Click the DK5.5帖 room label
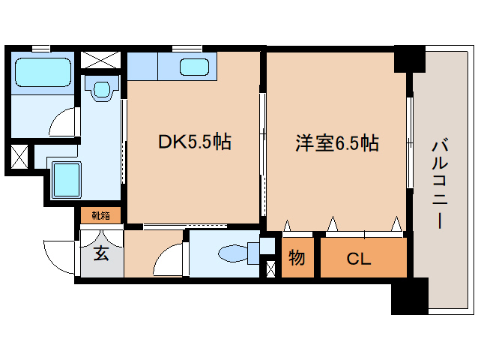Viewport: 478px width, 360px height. pyautogui.click(x=193, y=141)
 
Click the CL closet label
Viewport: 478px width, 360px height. pyautogui.click(x=359, y=259)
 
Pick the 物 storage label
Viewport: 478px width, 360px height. pyautogui.click(x=297, y=259)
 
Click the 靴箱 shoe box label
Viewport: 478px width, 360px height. pyautogui.click(x=100, y=216)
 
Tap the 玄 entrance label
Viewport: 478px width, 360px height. pyautogui.click(x=101, y=253)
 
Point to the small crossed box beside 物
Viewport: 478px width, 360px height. pyautogui.click(x=270, y=268)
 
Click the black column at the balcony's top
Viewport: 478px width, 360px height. pyautogui.click(x=409, y=58)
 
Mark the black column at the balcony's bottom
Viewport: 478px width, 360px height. pyautogui.click(x=408, y=295)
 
